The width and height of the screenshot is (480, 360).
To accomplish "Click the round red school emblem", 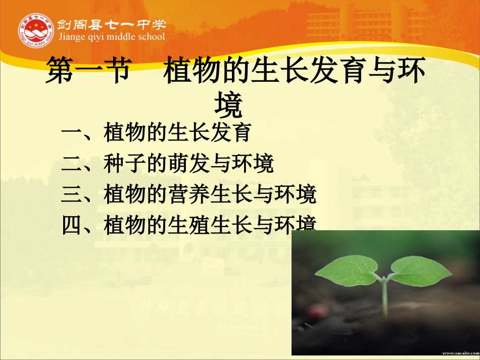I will [35, 30].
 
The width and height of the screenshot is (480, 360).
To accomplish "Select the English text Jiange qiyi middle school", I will [111, 37].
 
